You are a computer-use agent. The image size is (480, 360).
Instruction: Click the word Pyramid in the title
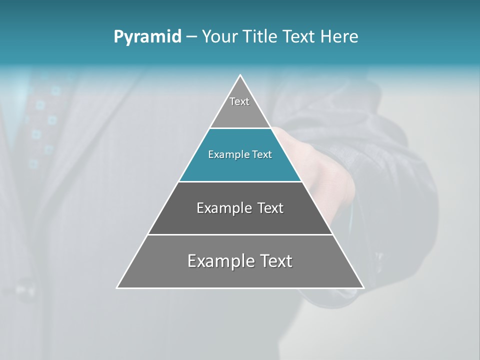click(147, 36)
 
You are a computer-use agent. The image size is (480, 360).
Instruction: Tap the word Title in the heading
click(263, 36)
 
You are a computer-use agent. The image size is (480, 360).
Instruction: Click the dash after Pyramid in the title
click(191, 37)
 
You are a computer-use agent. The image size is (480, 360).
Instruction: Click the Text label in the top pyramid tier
click(239, 101)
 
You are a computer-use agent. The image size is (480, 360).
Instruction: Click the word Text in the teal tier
click(262, 154)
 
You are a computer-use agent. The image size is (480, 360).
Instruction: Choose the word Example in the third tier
click(222, 208)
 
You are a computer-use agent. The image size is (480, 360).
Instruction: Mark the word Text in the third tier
click(270, 208)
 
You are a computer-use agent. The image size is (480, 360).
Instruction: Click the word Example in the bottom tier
click(218, 261)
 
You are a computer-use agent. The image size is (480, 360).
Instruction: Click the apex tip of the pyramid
click(240, 75)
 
